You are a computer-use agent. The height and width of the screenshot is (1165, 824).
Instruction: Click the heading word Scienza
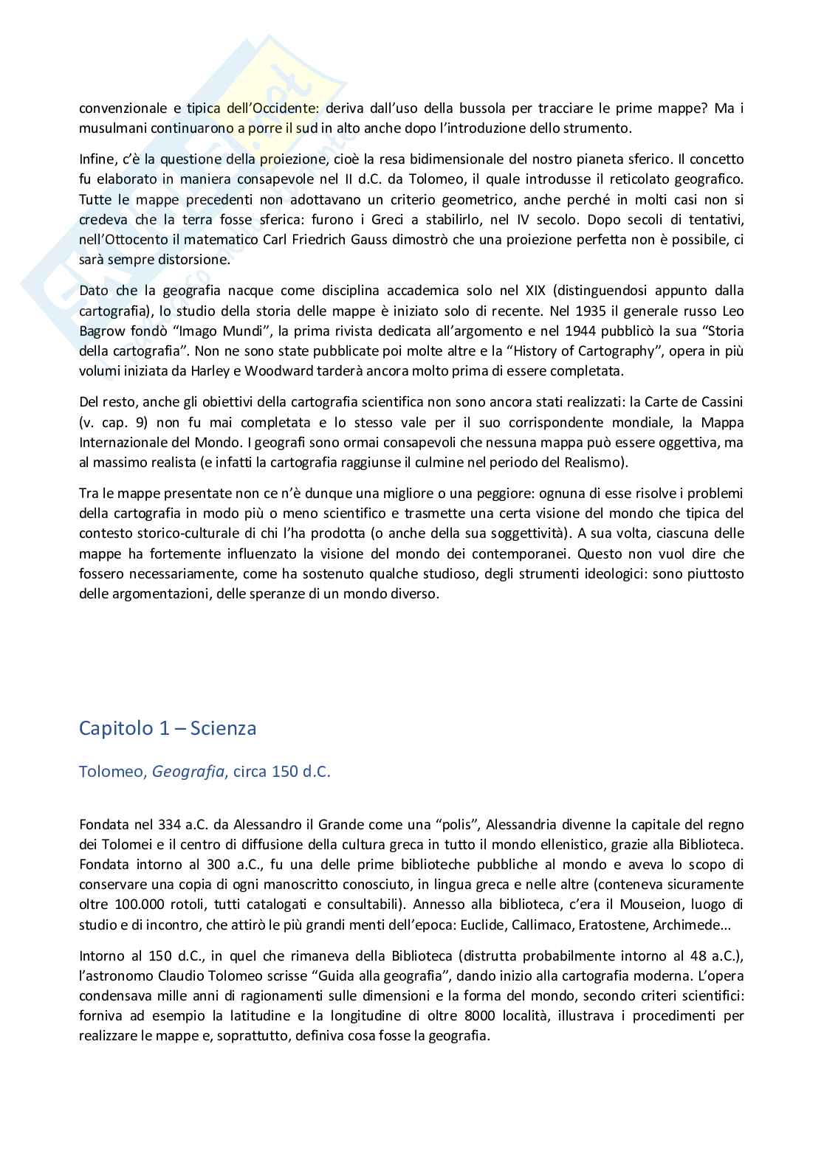[223, 728]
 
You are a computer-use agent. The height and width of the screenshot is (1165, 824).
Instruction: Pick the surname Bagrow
[103, 330]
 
